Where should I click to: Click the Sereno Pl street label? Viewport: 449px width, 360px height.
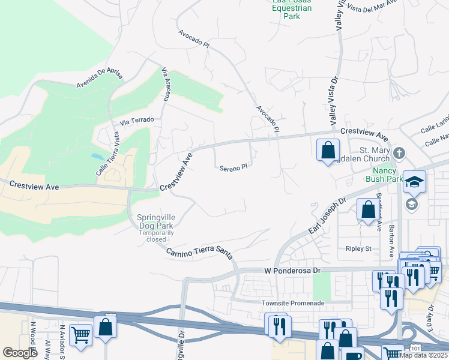234,169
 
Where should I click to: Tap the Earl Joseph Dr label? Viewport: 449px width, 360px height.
328,218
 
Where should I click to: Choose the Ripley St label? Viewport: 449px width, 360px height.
358,248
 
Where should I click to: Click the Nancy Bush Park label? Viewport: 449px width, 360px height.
384,174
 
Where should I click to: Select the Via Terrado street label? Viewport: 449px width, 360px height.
137,120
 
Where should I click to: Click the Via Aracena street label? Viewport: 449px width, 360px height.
167,85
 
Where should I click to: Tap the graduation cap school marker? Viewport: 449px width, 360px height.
415,180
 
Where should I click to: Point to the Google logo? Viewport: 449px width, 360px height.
20,353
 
